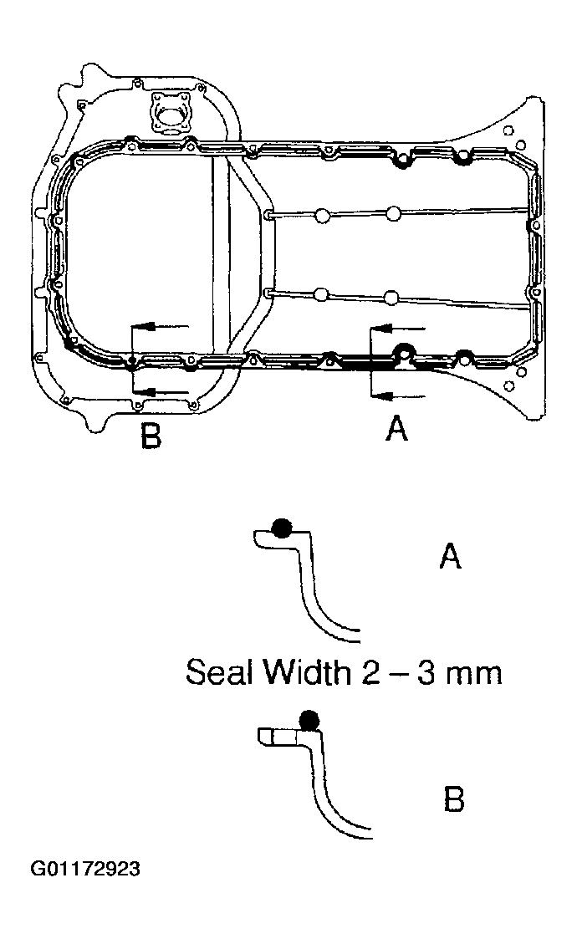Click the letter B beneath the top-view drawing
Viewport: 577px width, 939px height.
151,436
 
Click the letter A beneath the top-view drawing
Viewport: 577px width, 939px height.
396,430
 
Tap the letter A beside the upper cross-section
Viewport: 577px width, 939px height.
451,556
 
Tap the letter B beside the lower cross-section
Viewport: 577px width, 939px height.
453,799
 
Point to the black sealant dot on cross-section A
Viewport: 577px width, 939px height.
282,527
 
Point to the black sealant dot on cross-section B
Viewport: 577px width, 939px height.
309,718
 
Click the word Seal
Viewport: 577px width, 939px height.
220,672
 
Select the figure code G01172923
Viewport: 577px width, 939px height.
85,869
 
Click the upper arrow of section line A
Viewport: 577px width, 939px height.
391,328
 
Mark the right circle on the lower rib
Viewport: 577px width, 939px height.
391,296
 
